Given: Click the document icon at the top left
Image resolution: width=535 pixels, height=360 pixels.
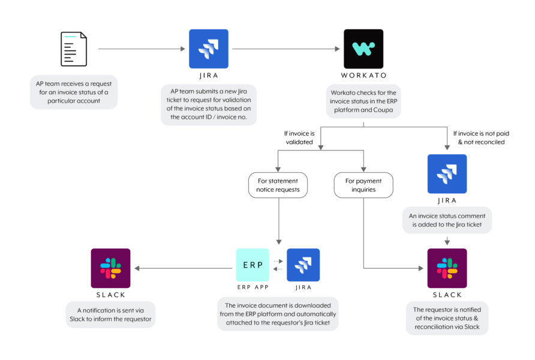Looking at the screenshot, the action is click(74, 49).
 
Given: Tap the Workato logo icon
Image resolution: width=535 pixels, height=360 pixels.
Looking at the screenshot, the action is click(363, 49).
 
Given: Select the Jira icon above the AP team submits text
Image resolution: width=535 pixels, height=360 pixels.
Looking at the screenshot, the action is click(209, 49).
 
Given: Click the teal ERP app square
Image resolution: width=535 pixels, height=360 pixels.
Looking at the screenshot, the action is click(253, 265).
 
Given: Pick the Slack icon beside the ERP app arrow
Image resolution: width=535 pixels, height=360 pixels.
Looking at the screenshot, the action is click(110, 268).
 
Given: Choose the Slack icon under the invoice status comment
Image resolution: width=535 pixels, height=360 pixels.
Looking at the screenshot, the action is click(447, 268).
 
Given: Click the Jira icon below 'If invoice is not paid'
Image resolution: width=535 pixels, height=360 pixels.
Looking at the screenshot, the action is click(447, 174).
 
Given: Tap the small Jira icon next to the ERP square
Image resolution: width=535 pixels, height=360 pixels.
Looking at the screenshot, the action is click(303, 265).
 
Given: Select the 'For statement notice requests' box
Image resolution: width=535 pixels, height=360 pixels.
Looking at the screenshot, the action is click(278, 185).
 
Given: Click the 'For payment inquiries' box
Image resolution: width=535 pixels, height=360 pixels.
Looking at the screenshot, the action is click(363, 185).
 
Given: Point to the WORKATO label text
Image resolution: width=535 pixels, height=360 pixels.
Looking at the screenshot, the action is click(363, 76).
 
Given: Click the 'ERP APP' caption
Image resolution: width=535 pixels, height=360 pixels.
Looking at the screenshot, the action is click(253, 287).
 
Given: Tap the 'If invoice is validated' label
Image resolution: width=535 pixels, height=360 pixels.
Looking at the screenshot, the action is click(299, 137).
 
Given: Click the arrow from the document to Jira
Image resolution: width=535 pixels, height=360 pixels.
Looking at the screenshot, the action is click(142, 49).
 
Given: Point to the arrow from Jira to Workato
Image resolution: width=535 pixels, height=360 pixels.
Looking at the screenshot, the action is click(286, 49).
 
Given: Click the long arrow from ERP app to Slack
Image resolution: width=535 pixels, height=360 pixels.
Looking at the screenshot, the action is click(184, 268).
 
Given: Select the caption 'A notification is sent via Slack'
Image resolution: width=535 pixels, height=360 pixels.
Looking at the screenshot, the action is click(110, 314).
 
